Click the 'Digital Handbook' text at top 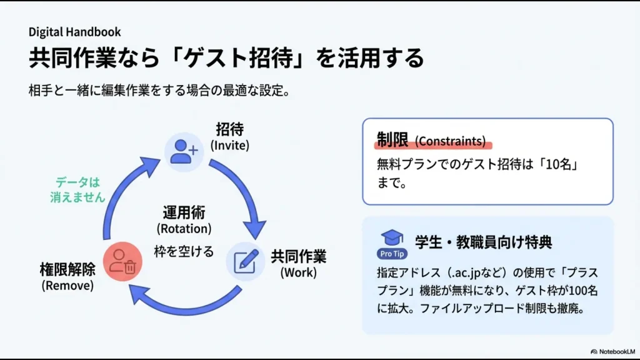click(74, 32)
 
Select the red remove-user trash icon click(122, 263)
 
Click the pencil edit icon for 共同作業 click(246, 261)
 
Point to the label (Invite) click(229, 146)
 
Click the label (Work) click(298, 273)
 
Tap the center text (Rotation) click(184, 228)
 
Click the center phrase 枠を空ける click(184, 252)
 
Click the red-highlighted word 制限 click(392, 139)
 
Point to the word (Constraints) click(450, 141)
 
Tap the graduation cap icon click(392, 238)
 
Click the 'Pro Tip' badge click(392, 254)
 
